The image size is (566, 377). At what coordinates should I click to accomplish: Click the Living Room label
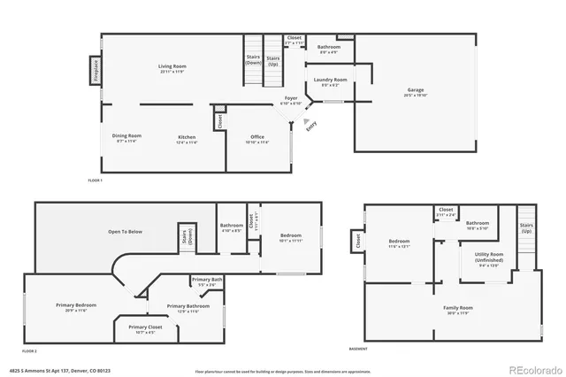(172, 68)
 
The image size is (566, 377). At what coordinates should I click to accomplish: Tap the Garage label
(416, 91)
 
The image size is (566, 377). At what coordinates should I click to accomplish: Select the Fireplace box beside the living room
(94, 67)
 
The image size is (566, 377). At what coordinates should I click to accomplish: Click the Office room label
(258, 137)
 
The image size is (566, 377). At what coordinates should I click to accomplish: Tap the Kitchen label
(187, 137)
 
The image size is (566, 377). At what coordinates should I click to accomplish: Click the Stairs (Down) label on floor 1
(253, 59)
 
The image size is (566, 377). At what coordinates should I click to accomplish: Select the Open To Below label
(126, 232)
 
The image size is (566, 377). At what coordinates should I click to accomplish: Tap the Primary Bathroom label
(187, 307)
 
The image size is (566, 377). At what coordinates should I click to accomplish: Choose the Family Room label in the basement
(458, 309)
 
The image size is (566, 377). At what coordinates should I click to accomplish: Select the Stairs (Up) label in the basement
(526, 227)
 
